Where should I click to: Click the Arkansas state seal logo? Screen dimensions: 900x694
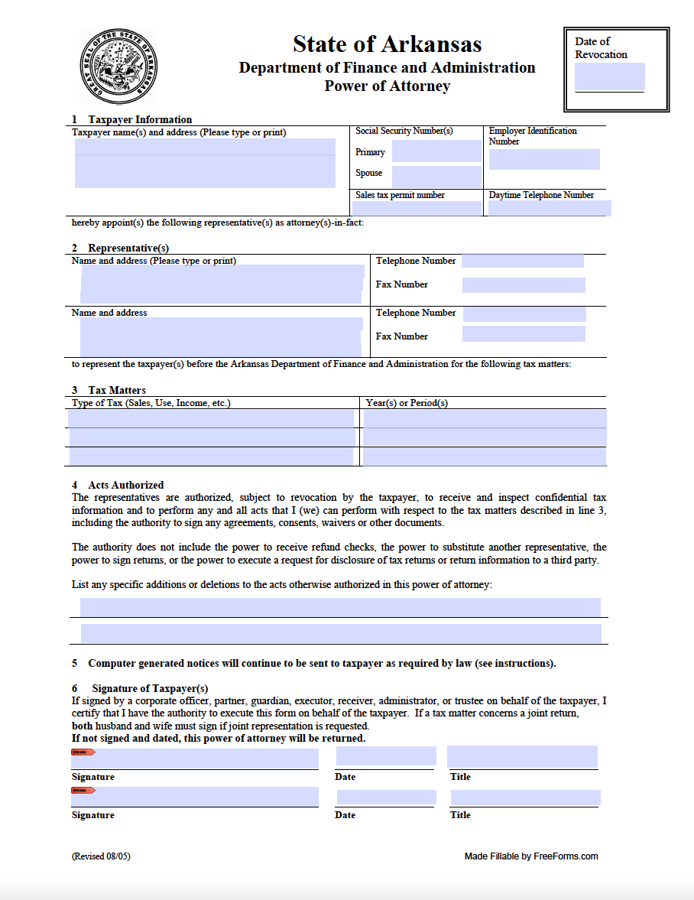click(x=118, y=67)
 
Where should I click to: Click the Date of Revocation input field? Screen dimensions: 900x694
click(x=609, y=76)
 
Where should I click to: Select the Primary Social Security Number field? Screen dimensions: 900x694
click(x=436, y=151)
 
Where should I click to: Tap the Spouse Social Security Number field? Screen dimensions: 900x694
click(x=436, y=176)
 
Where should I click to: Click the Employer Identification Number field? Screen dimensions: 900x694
click(x=544, y=159)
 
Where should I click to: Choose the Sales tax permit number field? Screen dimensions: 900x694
click(x=417, y=208)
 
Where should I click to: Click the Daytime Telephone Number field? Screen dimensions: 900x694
click(x=550, y=208)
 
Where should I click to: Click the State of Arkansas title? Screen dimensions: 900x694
click(x=387, y=44)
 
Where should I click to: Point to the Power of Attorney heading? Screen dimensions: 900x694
click(x=387, y=86)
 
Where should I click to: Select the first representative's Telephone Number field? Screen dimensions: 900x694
click(x=523, y=261)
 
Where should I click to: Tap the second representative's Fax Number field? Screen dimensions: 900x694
click(x=524, y=334)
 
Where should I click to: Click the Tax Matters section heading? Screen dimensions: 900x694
click(x=116, y=390)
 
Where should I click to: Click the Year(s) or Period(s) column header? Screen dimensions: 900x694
click(x=407, y=403)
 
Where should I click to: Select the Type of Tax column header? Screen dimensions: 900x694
click(x=151, y=403)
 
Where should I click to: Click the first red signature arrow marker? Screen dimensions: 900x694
click(x=83, y=752)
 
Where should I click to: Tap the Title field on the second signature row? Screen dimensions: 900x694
click(x=525, y=798)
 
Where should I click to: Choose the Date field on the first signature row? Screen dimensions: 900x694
click(x=386, y=756)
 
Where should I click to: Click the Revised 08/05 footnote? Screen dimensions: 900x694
click(x=101, y=856)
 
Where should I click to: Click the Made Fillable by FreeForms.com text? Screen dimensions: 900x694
click(x=531, y=856)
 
